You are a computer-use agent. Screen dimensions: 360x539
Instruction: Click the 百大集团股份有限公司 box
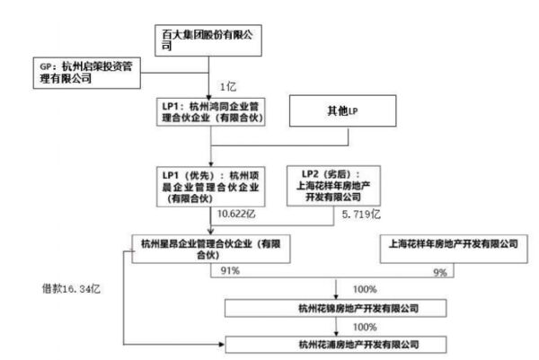(210, 38)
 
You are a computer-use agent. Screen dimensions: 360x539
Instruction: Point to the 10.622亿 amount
(240, 215)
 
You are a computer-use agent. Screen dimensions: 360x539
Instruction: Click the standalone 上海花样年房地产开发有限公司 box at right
(454, 243)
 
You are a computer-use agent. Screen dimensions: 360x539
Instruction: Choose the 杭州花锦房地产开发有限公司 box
(334, 308)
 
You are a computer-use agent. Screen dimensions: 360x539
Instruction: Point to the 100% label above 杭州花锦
(365, 290)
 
